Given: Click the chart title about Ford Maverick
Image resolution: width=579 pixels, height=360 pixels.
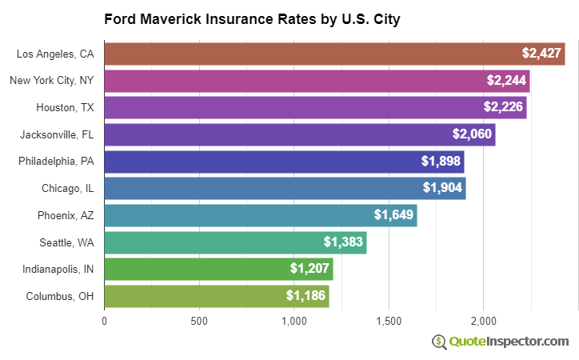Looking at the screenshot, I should (252, 18).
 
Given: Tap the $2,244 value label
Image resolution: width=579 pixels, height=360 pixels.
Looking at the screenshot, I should (507, 81).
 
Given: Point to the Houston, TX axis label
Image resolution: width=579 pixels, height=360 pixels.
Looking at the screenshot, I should (65, 107).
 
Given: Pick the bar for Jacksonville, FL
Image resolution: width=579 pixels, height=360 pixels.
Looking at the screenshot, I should (299, 134).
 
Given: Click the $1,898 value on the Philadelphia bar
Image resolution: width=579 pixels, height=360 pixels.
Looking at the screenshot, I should (441, 162).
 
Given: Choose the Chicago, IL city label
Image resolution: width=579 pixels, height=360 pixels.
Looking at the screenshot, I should (68, 188).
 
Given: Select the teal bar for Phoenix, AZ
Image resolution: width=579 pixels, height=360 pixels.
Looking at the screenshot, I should (260, 215).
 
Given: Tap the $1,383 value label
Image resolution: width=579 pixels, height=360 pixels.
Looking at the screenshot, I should (343, 242).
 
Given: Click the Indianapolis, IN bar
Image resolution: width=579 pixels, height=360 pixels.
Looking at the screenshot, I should (218, 269).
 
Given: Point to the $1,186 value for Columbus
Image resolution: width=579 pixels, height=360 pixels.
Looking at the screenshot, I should (305, 296).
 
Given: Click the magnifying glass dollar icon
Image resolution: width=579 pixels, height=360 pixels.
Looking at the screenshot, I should (439, 342).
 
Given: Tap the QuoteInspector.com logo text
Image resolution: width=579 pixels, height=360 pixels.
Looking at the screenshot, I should (509, 342).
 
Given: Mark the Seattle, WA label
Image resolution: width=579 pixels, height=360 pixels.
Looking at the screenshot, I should (66, 242).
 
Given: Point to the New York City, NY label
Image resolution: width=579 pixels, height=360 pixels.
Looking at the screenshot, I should (51, 81).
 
